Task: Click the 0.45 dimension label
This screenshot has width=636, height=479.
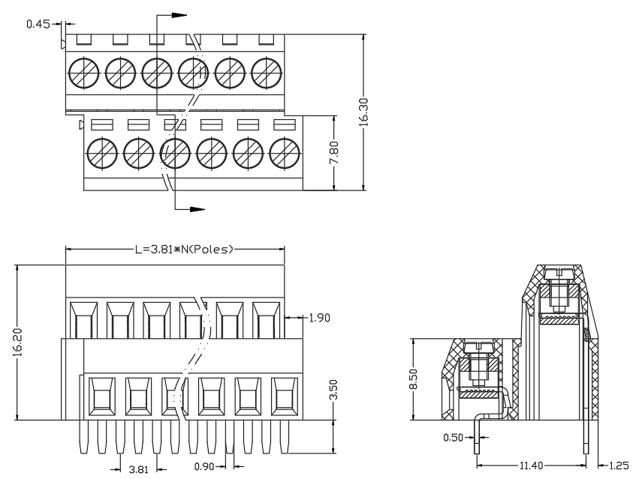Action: click(38, 24)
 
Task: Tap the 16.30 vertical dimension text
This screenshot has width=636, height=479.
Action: click(363, 112)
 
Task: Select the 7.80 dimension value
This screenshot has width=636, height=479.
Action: click(334, 153)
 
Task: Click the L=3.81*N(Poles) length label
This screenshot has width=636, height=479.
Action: click(184, 250)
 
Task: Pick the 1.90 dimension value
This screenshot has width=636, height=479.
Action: click(319, 318)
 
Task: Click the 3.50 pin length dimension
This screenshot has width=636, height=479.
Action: click(333, 390)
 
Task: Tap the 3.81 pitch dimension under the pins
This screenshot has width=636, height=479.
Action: click(139, 470)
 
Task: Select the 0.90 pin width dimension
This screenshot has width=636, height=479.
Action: click(204, 466)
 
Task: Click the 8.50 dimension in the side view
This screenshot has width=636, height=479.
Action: click(413, 379)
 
